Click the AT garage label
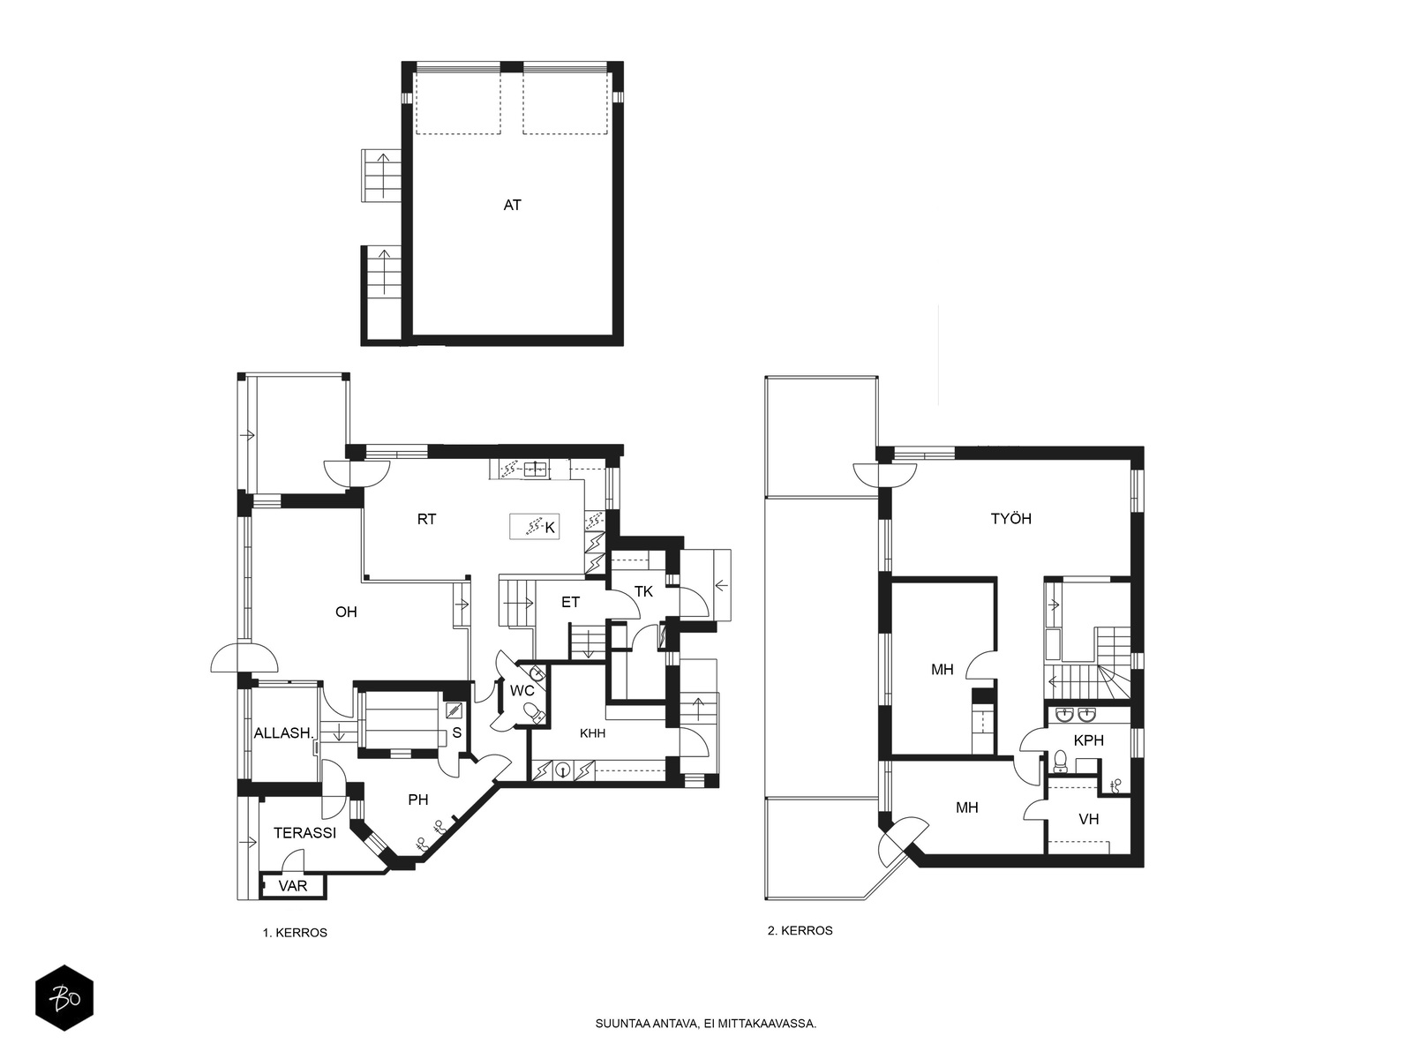click(512, 205)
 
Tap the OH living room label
click(346, 612)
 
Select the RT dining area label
click(426, 519)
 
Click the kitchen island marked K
click(534, 527)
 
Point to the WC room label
click(522, 691)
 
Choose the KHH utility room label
click(592, 733)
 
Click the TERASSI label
click(305, 833)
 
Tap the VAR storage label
click(293, 885)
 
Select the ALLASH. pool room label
click(283, 733)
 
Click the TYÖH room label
click(1011, 518)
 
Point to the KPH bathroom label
click(1089, 740)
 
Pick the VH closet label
click(1088, 819)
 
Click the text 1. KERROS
click(295, 933)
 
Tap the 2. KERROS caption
click(800, 930)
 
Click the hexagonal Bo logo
click(64, 998)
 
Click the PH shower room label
click(418, 800)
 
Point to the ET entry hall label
click(571, 602)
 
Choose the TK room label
click(643, 591)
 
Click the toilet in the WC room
click(535, 711)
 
